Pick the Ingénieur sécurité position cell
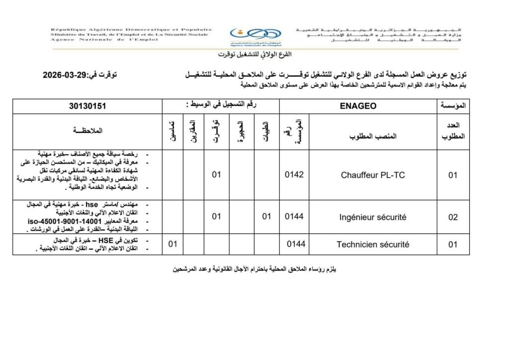(372, 217)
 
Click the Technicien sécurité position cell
(372, 244)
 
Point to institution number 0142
(294, 175)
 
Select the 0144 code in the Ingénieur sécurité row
(294, 217)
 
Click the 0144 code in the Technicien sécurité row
(296, 244)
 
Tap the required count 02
(452, 217)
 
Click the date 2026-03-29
(64, 76)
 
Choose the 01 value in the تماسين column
(173, 244)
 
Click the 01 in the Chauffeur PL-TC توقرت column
(216, 175)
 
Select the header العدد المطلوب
(452, 131)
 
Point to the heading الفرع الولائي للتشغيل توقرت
(254, 54)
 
